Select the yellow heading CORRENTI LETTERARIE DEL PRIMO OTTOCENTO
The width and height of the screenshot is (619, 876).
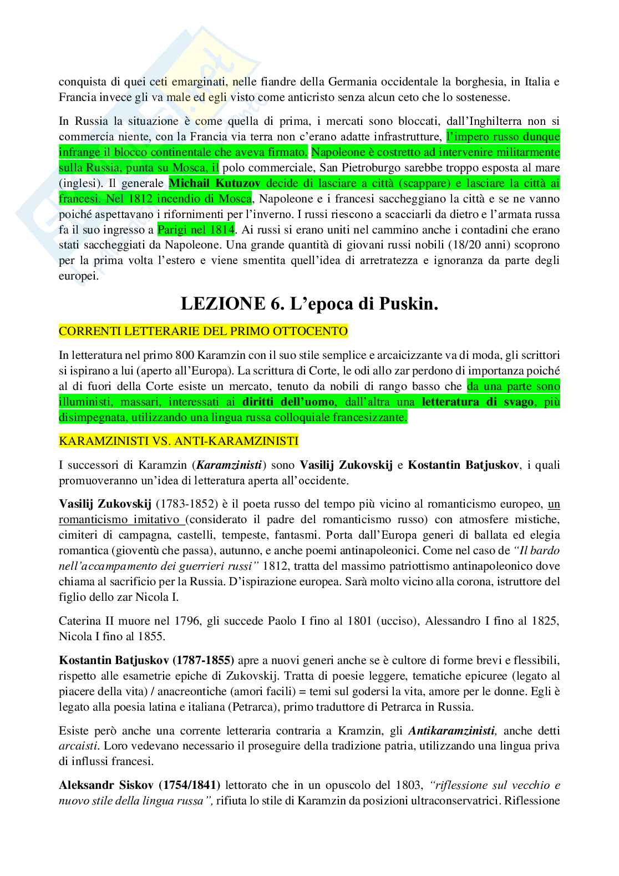tap(204, 332)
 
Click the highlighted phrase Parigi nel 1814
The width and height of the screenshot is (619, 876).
tap(196, 228)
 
